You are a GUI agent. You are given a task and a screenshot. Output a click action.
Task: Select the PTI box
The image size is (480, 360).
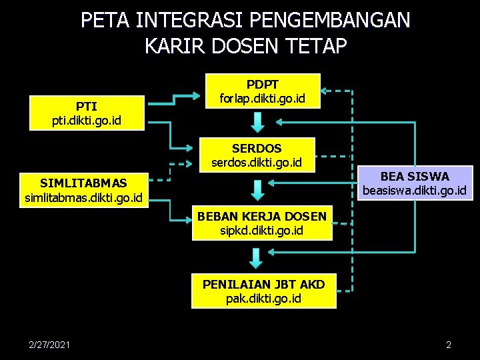pos(87,113)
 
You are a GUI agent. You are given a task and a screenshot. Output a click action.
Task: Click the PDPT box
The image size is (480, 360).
pos(263,91)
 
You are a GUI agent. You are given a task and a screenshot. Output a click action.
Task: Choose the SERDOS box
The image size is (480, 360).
pos(257,155)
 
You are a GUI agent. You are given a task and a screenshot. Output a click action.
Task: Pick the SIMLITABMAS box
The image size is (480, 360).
pos(83,189)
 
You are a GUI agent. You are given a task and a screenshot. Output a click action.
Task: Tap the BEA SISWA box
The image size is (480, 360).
pos(415,183)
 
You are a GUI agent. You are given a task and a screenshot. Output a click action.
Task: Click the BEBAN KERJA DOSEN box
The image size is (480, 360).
pos(261,223)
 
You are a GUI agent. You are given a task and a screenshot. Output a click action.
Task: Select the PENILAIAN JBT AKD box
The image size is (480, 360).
pos(263,291)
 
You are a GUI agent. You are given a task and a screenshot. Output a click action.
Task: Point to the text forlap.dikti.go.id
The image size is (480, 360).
pos(263,98)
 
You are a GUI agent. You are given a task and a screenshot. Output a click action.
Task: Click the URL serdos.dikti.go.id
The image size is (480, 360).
pos(257,162)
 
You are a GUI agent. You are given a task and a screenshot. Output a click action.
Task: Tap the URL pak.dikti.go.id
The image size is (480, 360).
pos(263,298)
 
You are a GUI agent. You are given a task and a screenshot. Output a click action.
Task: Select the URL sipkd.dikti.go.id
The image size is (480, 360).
pos(261,231)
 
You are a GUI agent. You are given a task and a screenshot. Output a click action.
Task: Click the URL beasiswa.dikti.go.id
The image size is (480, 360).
pos(415,191)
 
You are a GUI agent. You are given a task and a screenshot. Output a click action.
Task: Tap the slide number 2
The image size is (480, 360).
pos(449,345)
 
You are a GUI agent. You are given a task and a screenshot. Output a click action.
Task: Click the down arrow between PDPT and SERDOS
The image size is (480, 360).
pos(259,122)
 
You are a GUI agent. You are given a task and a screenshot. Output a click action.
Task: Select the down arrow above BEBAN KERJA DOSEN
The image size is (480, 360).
pos(257,189)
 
